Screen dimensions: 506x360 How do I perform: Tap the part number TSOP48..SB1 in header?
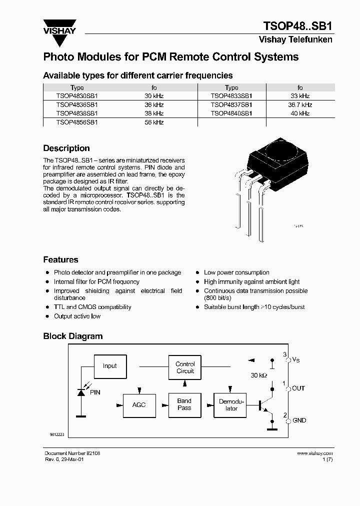pyautogui.click(x=297, y=26)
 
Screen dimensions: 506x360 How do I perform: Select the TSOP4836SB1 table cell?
pyautogui.click(x=77, y=104)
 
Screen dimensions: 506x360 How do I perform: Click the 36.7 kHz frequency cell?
pyautogui.click(x=300, y=104)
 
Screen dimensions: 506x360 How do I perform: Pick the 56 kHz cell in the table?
pyautogui.click(x=154, y=122)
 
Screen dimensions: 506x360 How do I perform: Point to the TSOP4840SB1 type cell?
pyautogui.click(x=231, y=113)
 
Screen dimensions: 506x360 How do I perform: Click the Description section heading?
pyautogui.click(x=66, y=148)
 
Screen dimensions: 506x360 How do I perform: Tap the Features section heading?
pyautogui.click(x=60, y=260)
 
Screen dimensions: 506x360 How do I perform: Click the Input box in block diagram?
pyautogui.click(x=109, y=366)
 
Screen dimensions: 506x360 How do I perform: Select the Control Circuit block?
pyautogui.click(x=185, y=367)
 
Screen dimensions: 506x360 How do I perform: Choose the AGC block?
pyautogui.click(x=139, y=404)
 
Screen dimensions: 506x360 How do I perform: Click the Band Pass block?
pyautogui.click(x=184, y=404)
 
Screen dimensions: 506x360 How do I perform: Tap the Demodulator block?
pyautogui.click(x=231, y=405)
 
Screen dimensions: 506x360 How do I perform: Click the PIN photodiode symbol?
pyautogui.click(x=80, y=393)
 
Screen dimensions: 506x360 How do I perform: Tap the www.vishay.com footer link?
pyautogui.click(x=314, y=453)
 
